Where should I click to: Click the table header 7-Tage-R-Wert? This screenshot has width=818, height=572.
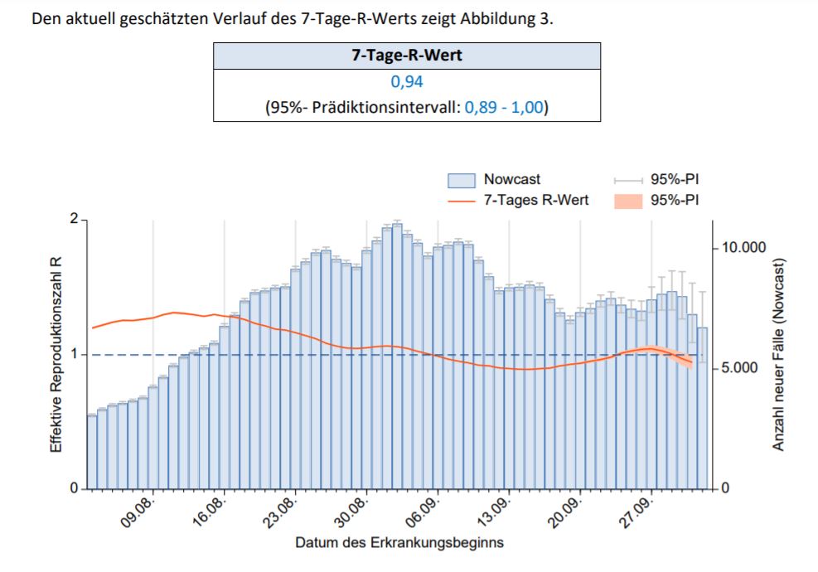[x=407, y=56]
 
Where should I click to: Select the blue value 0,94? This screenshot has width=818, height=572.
[x=407, y=81]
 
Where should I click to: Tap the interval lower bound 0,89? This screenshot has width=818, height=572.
[x=481, y=107]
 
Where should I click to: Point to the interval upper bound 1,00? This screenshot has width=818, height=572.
[x=527, y=107]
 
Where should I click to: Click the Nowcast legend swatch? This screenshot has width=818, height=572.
[x=461, y=180]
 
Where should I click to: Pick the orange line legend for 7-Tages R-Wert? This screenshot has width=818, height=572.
[x=461, y=201]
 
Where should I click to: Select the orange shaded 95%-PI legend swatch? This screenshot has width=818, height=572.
[x=628, y=201]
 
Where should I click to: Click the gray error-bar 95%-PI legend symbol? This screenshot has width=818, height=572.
[x=628, y=181]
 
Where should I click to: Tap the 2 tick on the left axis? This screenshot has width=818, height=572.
[x=74, y=219]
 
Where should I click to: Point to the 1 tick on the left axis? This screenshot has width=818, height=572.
[x=74, y=354]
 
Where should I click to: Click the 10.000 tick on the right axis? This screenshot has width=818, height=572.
[x=743, y=247]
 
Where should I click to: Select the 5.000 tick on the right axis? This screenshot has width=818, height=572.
[x=740, y=368]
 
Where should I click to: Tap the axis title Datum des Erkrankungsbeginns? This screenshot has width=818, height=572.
[x=399, y=543]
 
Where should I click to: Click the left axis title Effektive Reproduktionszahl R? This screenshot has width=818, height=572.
[x=56, y=355]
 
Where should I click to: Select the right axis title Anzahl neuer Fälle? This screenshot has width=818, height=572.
[x=778, y=355]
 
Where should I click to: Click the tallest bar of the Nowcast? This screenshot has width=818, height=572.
[x=397, y=356]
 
